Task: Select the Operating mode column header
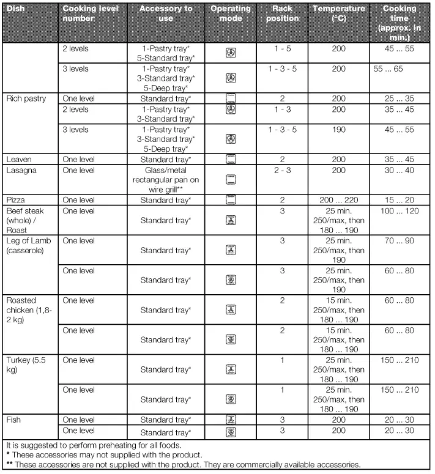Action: tap(231, 13)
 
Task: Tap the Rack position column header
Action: tap(282, 13)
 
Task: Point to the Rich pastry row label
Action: tap(26, 98)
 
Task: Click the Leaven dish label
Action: tap(19, 160)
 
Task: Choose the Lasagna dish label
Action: tap(21, 170)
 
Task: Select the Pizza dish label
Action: tap(16, 200)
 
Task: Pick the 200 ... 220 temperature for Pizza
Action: tap(338, 200)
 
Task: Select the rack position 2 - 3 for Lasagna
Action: tap(282, 170)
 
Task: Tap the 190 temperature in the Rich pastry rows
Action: tap(338, 130)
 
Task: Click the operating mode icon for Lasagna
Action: tap(231, 180)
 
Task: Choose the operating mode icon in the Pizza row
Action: tap(231, 200)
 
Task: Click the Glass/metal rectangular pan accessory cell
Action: tap(166, 180)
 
